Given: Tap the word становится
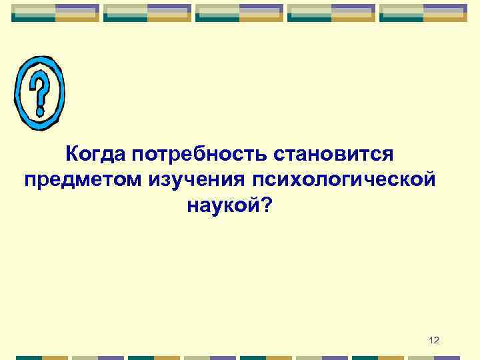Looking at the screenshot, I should point(337,155).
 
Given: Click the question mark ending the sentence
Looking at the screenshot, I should point(267,205).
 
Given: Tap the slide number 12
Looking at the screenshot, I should point(434,341).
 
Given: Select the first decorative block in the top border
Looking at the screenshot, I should point(55,13).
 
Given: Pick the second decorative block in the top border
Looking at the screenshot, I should point(147,13).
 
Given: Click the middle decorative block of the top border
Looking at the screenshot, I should point(239,13).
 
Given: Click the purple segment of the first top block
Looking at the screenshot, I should point(77,9).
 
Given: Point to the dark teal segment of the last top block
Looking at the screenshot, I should point(402,19).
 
